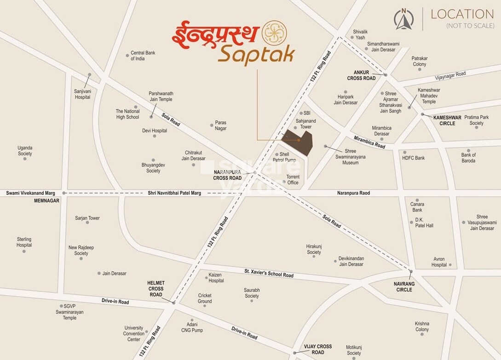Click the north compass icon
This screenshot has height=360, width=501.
coord(404,19)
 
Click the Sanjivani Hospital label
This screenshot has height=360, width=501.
coord(83,94)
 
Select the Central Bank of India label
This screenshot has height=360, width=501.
coord(143,56)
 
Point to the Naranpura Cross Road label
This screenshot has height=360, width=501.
coord(227,175)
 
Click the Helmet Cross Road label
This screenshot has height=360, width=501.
coord(156,289)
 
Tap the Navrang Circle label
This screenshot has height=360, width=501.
coord(404,287)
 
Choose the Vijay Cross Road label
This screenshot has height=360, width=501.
coord(317,349)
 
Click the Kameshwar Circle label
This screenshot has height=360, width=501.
coord(447,120)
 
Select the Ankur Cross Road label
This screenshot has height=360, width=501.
coord(362,75)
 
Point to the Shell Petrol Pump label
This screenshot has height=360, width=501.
coord(284,157)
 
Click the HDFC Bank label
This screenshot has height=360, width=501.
coord(413,158)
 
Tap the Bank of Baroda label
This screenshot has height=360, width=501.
coord(468,158)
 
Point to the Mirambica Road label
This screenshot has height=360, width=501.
coord(369,142)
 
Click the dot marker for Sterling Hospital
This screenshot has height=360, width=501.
coord(24,251)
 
